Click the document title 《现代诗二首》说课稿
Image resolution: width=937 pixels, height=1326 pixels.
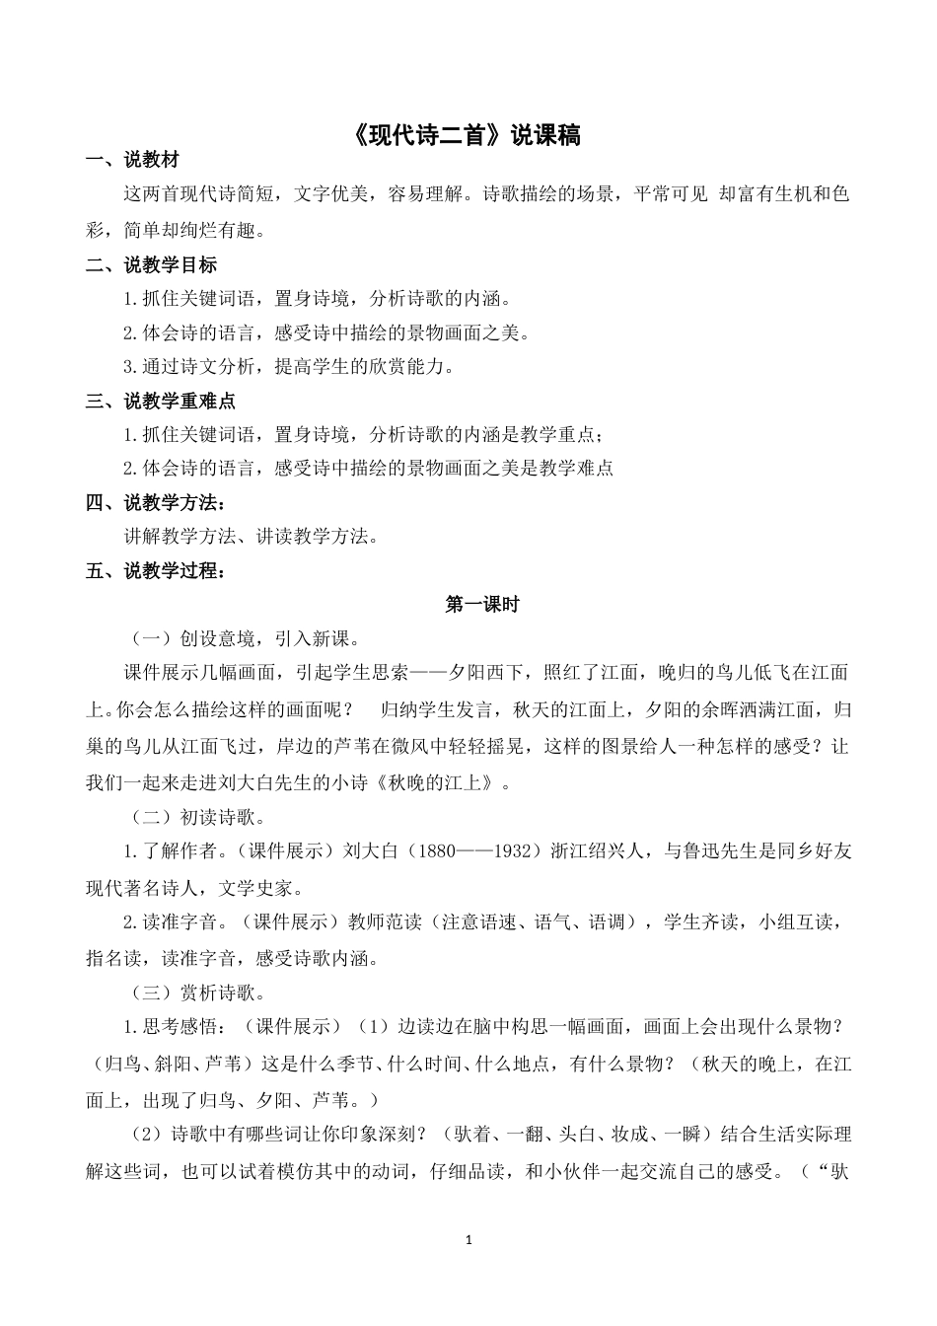click(x=468, y=135)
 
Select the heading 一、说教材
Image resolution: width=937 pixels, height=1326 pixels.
click(x=132, y=161)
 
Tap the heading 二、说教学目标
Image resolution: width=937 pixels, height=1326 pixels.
click(x=151, y=264)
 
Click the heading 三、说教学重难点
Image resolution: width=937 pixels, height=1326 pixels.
click(x=160, y=401)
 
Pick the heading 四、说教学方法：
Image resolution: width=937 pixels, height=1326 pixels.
click(x=155, y=503)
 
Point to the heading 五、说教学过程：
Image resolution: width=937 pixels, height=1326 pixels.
click(x=155, y=570)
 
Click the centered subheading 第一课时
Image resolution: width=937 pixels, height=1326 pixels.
click(x=481, y=605)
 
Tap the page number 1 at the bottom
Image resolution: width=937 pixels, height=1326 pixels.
click(x=468, y=1238)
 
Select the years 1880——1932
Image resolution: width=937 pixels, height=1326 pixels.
click(x=473, y=851)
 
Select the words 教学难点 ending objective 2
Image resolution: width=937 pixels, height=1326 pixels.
click(x=577, y=468)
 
